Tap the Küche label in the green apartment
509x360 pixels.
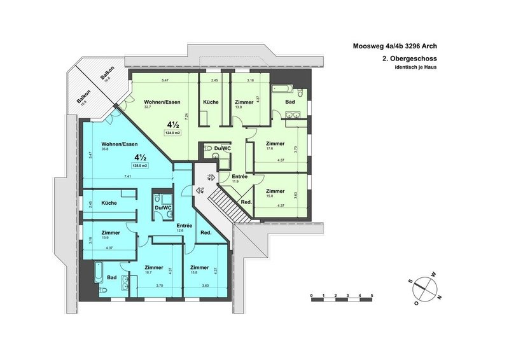tap(211, 102)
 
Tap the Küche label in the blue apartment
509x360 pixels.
tap(109, 202)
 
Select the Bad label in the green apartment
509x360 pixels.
tap(289, 102)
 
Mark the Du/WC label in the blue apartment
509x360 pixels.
tap(164, 208)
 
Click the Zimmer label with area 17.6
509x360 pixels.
tap(275, 144)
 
